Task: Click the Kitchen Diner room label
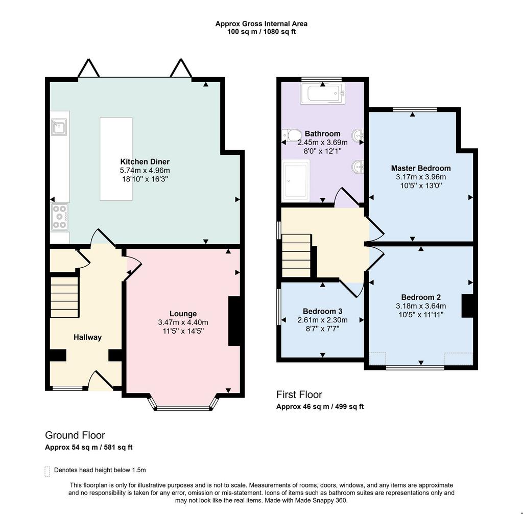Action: point(145,161)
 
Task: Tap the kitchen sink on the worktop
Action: point(59,127)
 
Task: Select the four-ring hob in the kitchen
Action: point(59,217)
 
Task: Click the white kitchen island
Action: point(116,159)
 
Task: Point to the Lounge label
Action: point(183,314)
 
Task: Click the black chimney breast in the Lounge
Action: point(234,321)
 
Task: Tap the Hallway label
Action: point(87,337)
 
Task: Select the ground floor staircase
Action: point(64,297)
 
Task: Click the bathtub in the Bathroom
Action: point(323,94)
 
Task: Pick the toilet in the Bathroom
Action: point(291,135)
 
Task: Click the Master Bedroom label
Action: point(421,168)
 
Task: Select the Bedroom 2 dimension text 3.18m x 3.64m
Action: point(421,306)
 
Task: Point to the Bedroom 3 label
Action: point(323,311)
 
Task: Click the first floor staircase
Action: point(297,255)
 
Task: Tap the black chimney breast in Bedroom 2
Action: point(467,306)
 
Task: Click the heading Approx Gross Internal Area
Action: point(261,24)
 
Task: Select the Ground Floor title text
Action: point(75,435)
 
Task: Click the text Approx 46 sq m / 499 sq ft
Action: point(320,407)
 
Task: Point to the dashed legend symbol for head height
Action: point(47,472)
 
